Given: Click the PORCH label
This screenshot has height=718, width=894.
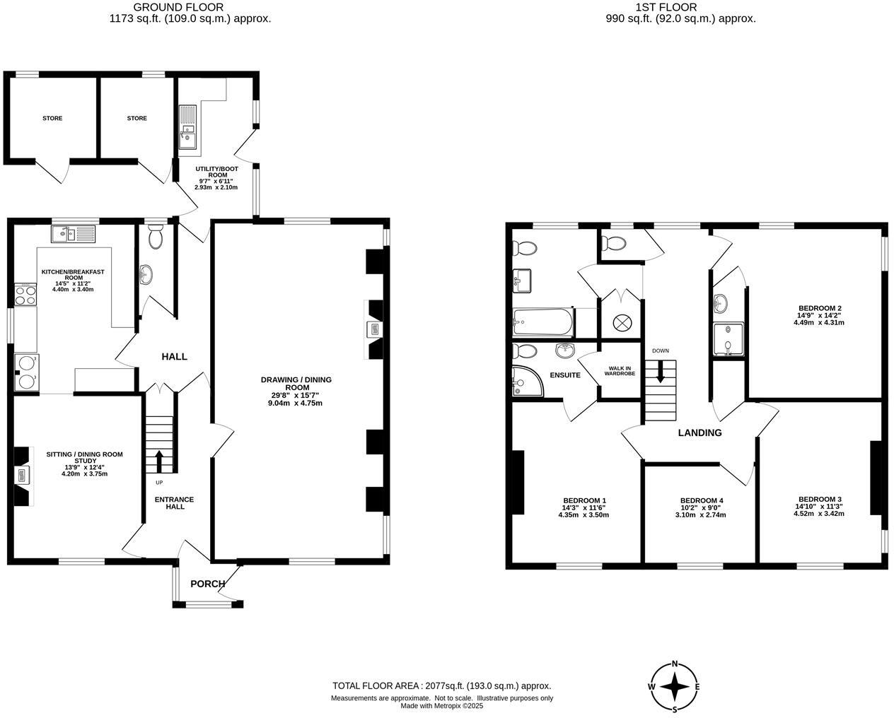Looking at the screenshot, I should pyautogui.click(x=208, y=584).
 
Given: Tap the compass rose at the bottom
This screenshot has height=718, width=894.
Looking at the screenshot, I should pyautogui.click(x=675, y=686).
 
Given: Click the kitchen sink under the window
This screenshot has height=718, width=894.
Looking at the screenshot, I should pyautogui.click(x=73, y=233).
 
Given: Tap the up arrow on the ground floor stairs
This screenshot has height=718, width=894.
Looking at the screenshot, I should pyautogui.click(x=159, y=461).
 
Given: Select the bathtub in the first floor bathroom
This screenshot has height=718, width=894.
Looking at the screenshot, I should pyautogui.click(x=542, y=322).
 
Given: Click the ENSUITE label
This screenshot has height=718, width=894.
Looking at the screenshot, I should pyautogui.click(x=566, y=375).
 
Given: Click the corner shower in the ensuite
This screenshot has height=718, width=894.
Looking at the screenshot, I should pyautogui.click(x=526, y=381).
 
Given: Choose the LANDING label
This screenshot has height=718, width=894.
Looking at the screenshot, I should pyautogui.click(x=699, y=432).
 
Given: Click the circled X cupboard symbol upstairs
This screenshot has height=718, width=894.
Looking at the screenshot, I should pyautogui.click(x=621, y=322).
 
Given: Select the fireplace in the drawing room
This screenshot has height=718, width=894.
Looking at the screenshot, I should pyautogui.click(x=373, y=329).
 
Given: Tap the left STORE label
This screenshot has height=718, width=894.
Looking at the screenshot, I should pyautogui.click(x=52, y=118).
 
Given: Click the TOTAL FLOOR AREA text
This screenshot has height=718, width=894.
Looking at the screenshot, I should pyautogui.click(x=441, y=685).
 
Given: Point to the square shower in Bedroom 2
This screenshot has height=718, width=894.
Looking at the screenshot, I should pyautogui.click(x=728, y=340).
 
